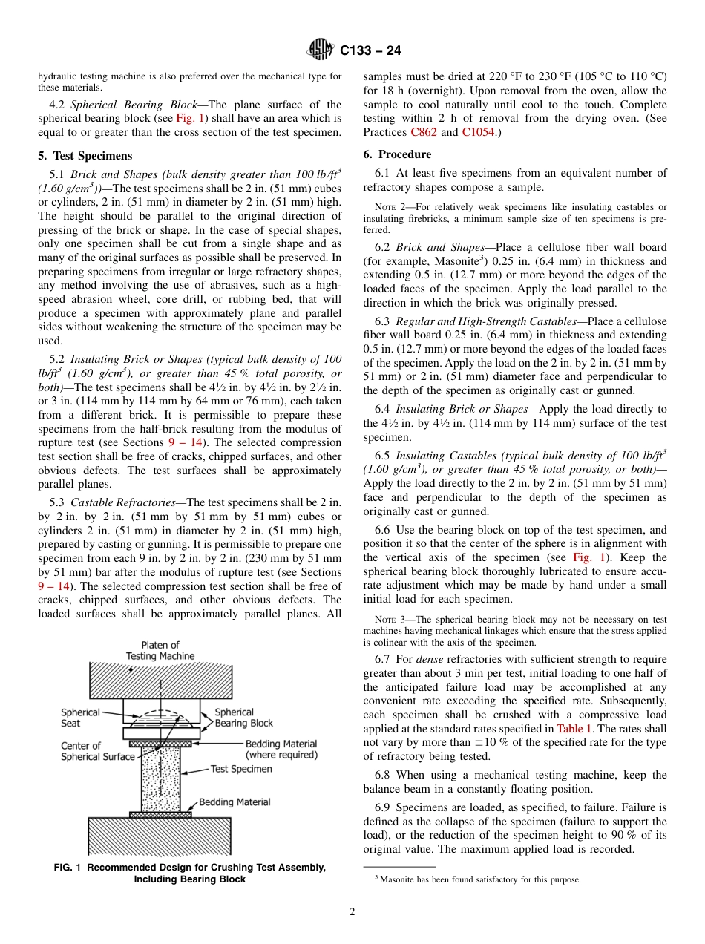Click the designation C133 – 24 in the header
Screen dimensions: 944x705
[370, 51]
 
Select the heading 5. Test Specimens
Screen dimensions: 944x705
[85, 156]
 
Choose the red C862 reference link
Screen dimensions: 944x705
[423, 132]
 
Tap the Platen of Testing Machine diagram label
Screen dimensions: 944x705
[160, 650]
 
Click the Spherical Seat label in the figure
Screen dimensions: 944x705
[80, 718]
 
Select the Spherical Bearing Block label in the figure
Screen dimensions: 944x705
[243, 717]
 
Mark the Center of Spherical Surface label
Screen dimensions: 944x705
[98, 751]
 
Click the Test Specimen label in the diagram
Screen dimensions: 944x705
[241, 769]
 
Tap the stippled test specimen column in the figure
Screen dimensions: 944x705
[160, 779]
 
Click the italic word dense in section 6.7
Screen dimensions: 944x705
[430, 659]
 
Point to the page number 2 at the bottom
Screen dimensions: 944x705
[352, 911]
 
